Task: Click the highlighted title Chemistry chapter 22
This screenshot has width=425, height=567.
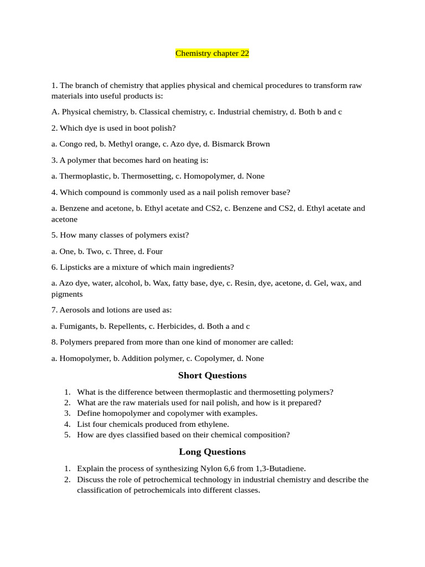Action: [x=212, y=53]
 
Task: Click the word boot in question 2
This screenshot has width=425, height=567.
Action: [x=136, y=128]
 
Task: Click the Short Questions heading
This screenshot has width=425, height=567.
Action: [x=212, y=375]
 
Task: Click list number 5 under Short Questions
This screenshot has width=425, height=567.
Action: [x=67, y=435]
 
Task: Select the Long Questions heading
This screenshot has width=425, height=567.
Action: [x=212, y=452]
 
